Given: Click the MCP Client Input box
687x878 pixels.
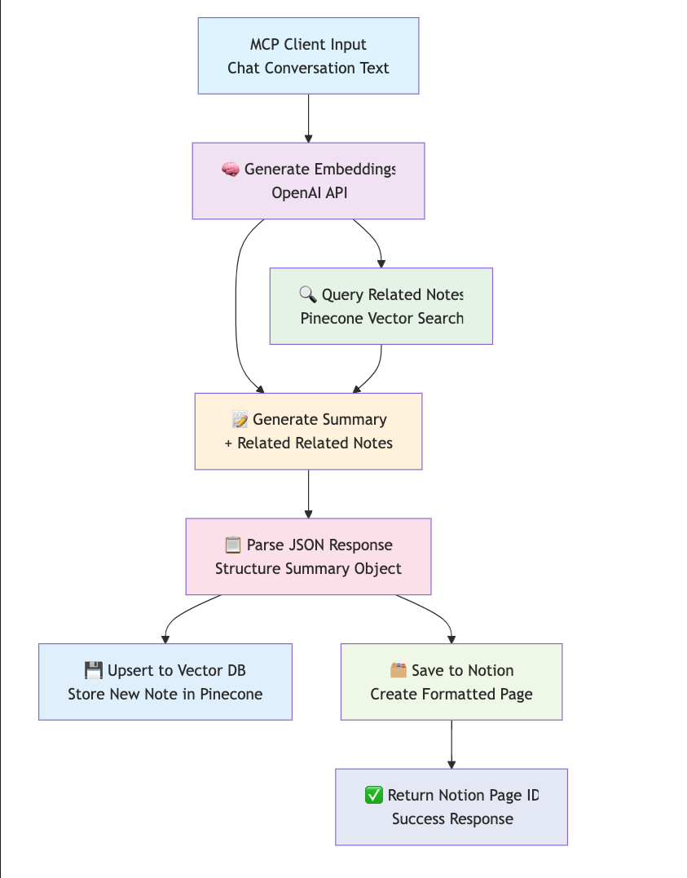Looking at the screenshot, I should [308, 55].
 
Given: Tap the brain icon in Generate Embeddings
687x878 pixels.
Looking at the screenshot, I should [231, 170].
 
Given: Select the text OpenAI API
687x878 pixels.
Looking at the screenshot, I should [309, 193].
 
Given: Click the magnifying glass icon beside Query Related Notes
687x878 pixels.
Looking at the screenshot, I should [307, 295].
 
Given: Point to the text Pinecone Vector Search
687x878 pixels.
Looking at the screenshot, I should [381, 319].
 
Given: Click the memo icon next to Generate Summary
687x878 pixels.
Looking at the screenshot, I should [240, 420].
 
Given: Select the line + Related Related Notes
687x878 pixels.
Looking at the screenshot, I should [308, 443].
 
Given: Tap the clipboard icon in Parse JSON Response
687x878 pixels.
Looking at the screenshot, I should [233, 545].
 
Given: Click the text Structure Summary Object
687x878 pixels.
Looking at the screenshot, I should [308, 569].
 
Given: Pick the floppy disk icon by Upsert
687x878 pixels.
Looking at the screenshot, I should [94, 671].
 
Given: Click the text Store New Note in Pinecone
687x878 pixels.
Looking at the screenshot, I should [165, 695].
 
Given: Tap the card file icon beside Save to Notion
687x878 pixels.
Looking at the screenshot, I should [399, 671].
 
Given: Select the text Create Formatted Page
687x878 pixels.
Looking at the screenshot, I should [451, 695].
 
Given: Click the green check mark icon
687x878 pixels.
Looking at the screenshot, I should [373, 796].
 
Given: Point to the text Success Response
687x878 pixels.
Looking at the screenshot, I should [452, 819].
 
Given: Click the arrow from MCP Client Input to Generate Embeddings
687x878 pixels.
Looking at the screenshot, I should [308, 118].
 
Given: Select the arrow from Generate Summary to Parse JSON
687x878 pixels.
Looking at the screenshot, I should [308, 494].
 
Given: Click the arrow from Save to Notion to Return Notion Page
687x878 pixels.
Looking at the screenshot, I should [451, 744].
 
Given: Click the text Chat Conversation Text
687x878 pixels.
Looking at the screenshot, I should [308, 68].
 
